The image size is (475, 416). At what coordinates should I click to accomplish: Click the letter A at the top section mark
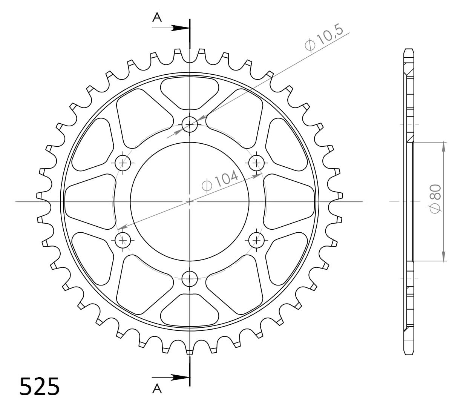pyautogui.click(x=157, y=17)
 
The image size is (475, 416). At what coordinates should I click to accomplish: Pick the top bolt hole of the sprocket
pyautogui.click(x=190, y=124)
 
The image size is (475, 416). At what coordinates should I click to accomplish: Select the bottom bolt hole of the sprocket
pyautogui.click(x=190, y=279)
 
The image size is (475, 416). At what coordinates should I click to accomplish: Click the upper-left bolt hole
pyautogui.click(x=123, y=163)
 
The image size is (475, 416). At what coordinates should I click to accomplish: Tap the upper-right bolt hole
pyautogui.click(x=256, y=163)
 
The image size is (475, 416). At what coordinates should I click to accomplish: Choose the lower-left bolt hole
pyautogui.click(x=123, y=240)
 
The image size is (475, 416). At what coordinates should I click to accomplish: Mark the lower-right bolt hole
pyautogui.click(x=256, y=240)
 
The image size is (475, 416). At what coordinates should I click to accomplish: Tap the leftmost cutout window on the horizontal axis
pyautogui.click(x=89, y=201)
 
